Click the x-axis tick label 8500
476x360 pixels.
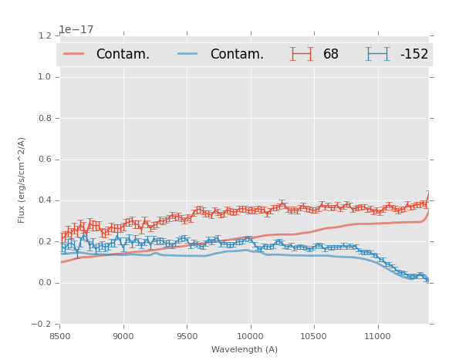click(60, 336)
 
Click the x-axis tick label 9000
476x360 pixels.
click(123, 336)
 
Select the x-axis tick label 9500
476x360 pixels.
click(187, 336)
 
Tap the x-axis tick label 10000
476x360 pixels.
click(250, 336)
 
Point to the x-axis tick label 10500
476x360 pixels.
click(313, 336)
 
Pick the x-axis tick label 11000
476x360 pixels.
click(377, 336)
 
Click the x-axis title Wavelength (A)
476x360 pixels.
click(244, 350)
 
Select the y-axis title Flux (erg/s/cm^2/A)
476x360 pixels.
click(22, 180)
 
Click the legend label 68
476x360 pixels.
click(331, 55)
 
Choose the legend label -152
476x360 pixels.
click(414, 55)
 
